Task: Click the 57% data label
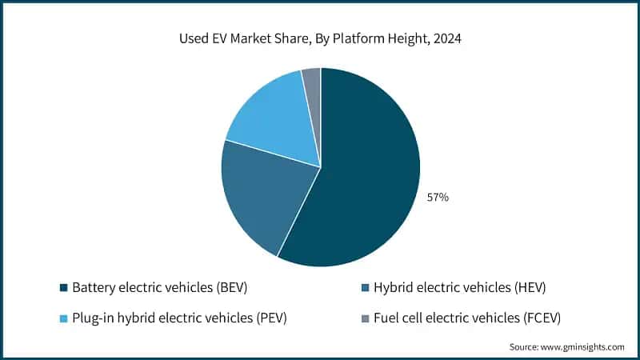pos(438,197)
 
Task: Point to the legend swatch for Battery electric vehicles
pos(63,287)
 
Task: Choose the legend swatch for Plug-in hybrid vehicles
pos(63,318)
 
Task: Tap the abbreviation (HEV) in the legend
pos(526,287)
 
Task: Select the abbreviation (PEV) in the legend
pos(270,318)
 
